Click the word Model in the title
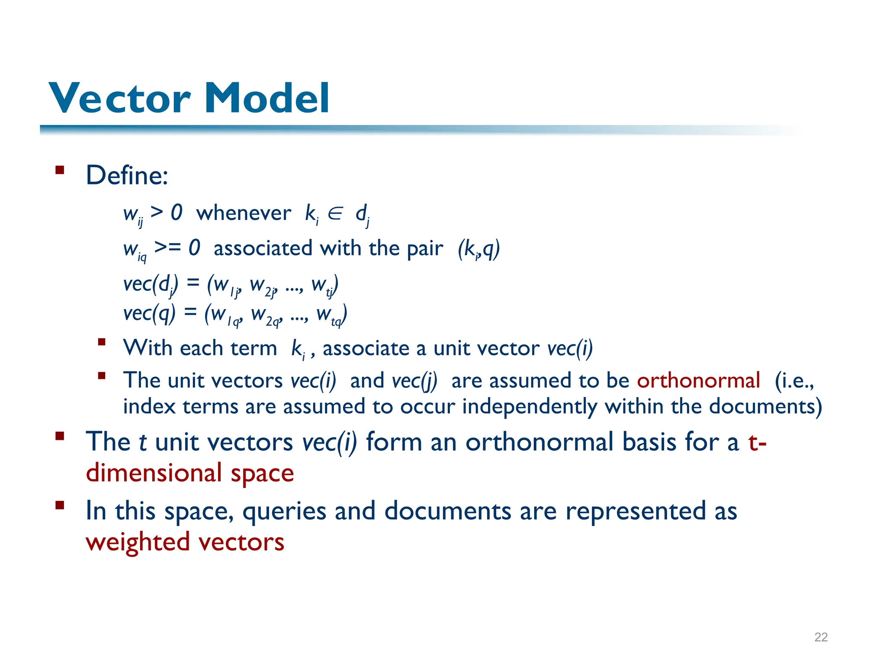pos(267,98)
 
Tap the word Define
pos(126,175)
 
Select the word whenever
pos(244,213)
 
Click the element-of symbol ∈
pos(335,213)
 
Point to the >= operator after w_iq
pos(167,248)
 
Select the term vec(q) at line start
pos(149,313)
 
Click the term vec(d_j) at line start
pos(151,285)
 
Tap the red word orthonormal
pos(698,381)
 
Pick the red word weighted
pos(138,542)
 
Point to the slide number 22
pos(821,637)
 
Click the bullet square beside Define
pos(60,170)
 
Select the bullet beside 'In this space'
pos(60,505)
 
